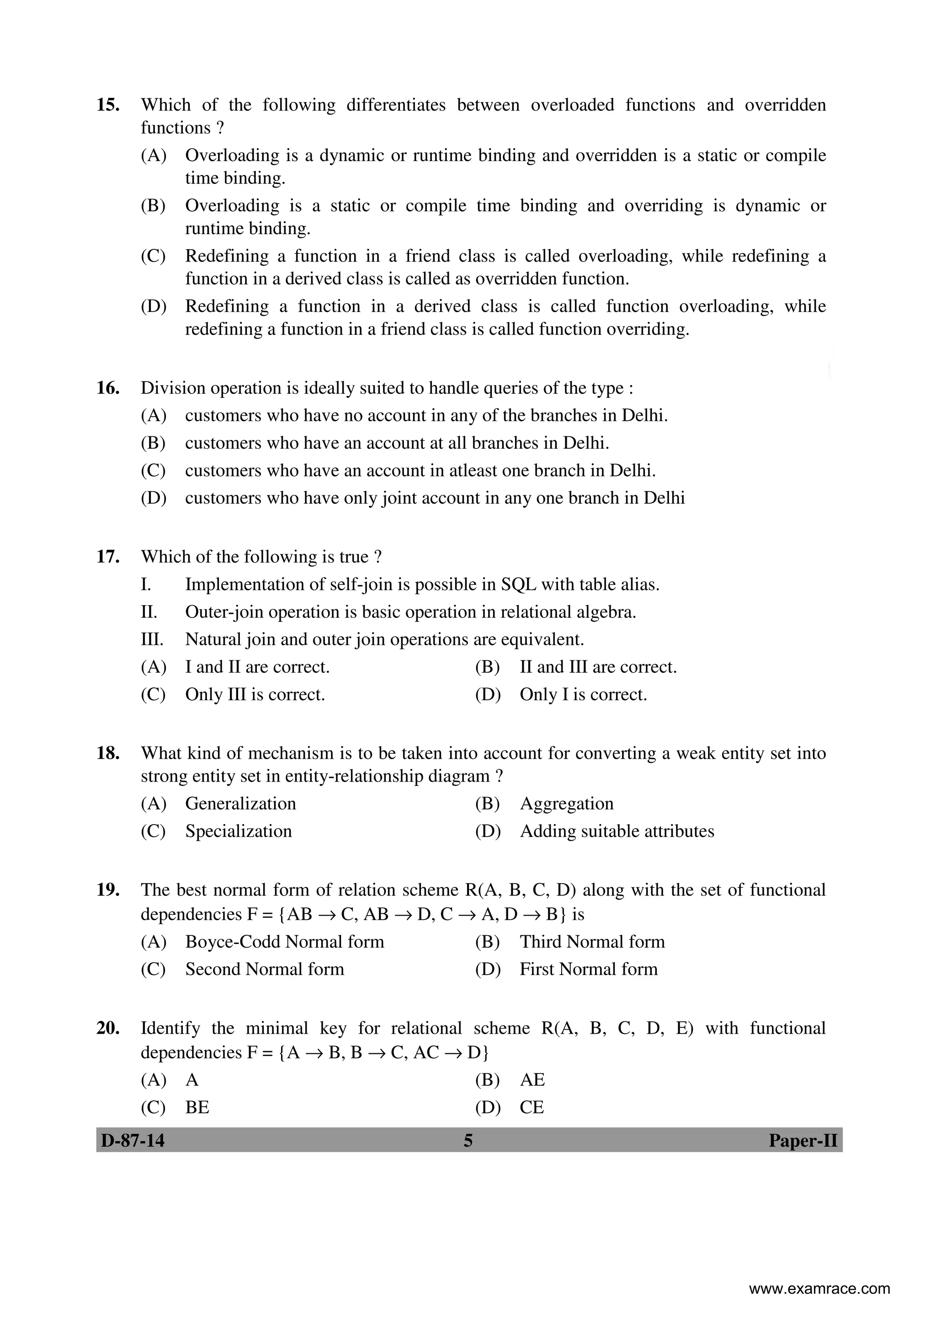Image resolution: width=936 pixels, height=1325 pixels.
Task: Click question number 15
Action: tap(108, 105)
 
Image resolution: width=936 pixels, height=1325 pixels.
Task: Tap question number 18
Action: tap(108, 753)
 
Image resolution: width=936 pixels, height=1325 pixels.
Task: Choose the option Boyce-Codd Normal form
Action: tap(284, 941)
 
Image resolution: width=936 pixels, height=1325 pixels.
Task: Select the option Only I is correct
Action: tap(583, 694)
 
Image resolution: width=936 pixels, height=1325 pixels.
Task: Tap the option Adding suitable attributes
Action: tap(617, 831)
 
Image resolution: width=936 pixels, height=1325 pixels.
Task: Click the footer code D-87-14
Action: tap(133, 1140)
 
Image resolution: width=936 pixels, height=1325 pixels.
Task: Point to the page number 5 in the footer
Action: tap(468, 1140)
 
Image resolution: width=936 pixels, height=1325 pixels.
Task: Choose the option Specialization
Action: tap(238, 831)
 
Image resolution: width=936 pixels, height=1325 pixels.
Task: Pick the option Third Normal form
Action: tap(592, 941)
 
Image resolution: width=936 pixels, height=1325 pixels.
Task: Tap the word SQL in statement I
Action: tap(518, 585)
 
